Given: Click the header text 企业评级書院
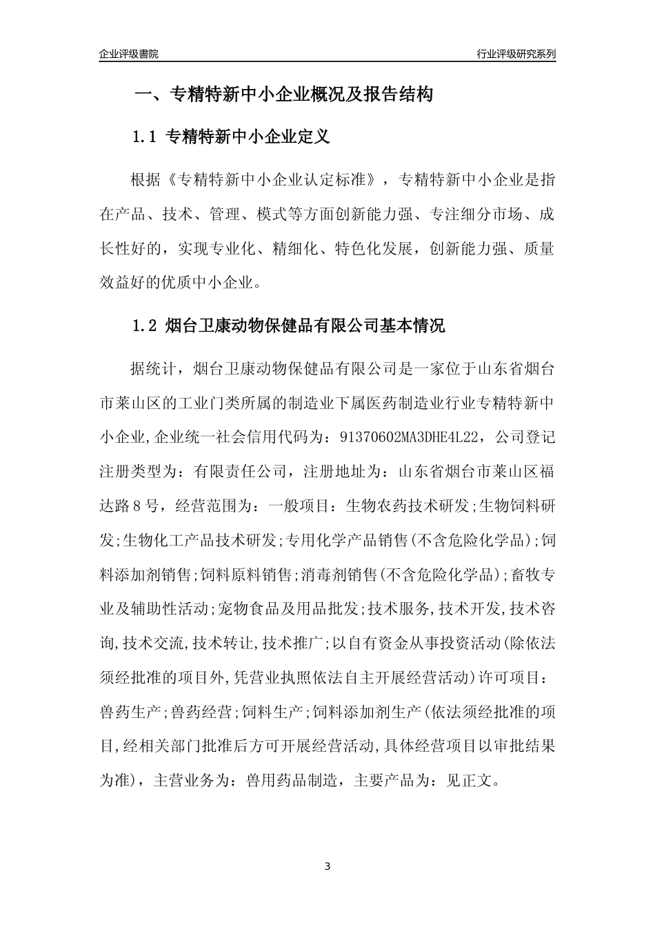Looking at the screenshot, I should [x=128, y=54].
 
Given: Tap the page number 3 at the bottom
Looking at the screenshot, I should [x=327, y=866].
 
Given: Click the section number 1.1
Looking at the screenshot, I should [x=146, y=137].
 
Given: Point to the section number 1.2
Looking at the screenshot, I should [x=146, y=326].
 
